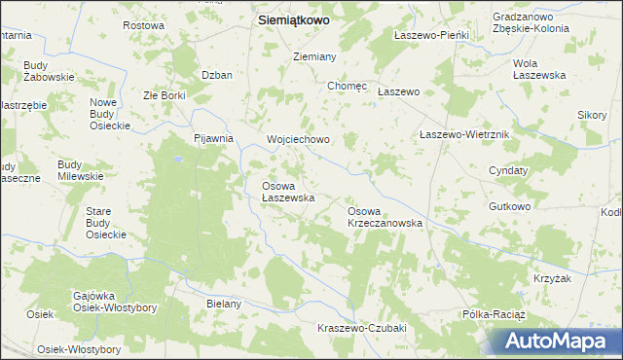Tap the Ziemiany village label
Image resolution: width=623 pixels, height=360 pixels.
pyautogui.click(x=314, y=57)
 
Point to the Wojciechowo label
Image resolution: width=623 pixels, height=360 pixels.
pyautogui.click(x=299, y=139)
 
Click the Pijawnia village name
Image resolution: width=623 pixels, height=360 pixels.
pyautogui.click(x=213, y=138)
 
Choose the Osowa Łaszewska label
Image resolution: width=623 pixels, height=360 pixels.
pyautogui.click(x=287, y=191)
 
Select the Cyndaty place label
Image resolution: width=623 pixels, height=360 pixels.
pyautogui.click(x=508, y=170)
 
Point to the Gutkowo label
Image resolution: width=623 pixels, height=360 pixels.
pyautogui.click(x=510, y=206)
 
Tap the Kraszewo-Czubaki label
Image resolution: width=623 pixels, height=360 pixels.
pyautogui.click(x=361, y=328)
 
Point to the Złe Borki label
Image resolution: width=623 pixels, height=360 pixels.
pyautogui.click(x=164, y=95)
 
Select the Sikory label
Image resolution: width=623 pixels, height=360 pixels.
pyautogui.click(x=592, y=115)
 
